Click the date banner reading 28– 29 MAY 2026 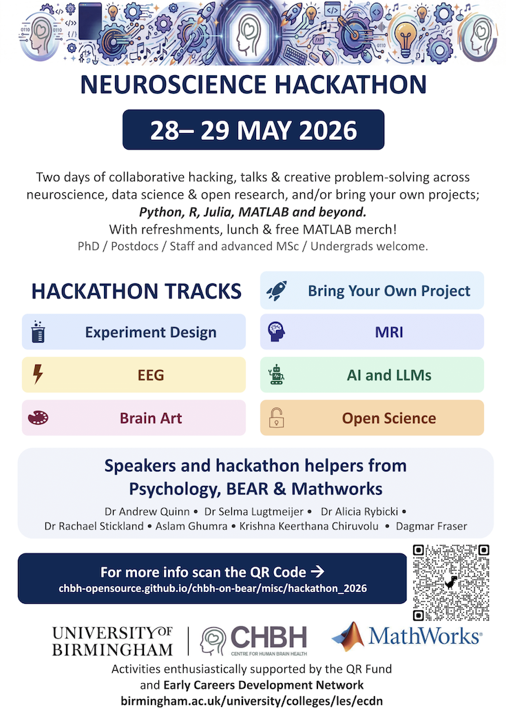click(253, 130)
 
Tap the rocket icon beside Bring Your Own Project click(277, 290)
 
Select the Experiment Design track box click(134, 332)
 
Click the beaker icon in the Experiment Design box click(38, 332)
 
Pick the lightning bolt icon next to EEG click(38, 374)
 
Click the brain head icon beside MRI click(277, 332)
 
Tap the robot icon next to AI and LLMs click(277, 374)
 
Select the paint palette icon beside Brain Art click(38, 418)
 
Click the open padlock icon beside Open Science click(277, 418)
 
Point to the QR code click(451, 582)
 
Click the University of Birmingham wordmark click(112, 640)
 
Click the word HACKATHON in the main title click(350, 84)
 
